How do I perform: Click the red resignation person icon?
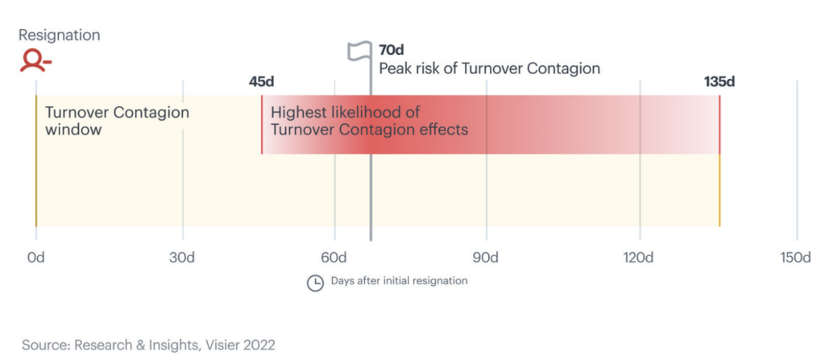tap(36, 61)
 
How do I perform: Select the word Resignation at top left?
tap(59, 35)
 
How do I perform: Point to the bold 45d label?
tap(262, 81)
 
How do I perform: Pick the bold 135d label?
tap(719, 81)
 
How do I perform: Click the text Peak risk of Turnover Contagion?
tap(489, 68)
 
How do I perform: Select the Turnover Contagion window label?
tap(117, 121)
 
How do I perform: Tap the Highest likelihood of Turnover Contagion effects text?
tap(369, 121)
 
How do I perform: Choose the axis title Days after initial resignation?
tap(399, 281)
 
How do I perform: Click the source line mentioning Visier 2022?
tap(148, 345)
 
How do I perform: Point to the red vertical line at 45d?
tap(262, 125)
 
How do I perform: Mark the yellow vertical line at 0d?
tap(35, 161)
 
